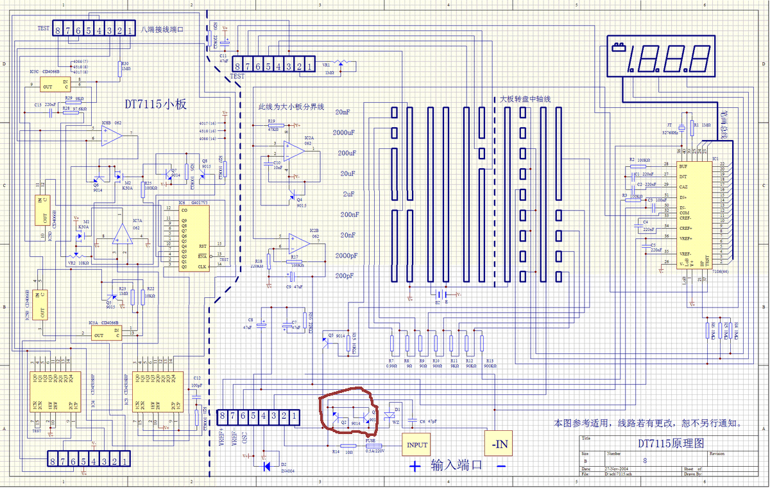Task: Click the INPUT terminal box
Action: tap(415, 444)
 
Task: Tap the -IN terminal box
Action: tap(499, 442)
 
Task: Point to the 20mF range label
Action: tap(343, 112)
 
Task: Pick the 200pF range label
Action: tap(345, 276)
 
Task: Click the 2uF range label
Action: tap(348, 194)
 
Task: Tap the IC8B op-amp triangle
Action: tap(112, 134)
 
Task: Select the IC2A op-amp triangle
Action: tap(294, 150)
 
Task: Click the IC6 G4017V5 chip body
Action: tap(193, 238)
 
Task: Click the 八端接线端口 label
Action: tap(162, 30)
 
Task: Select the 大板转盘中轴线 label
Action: tap(525, 100)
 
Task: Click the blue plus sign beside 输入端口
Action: tap(416, 466)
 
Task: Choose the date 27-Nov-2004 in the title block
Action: tap(617, 470)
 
